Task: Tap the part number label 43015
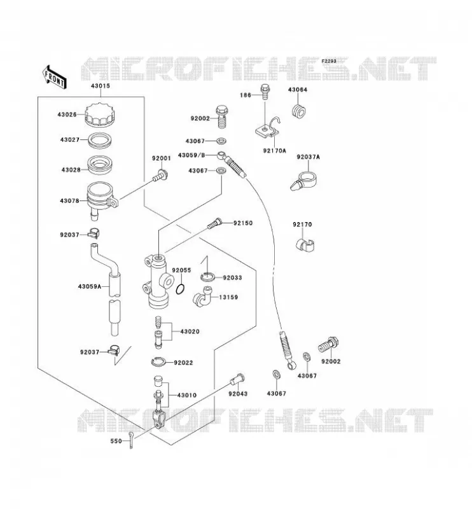(x=101, y=86)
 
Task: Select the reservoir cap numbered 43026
(x=101, y=115)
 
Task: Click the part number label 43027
(x=70, y=139)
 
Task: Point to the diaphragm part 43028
(x=101, y=165)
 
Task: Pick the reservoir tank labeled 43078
(x=102, y=199)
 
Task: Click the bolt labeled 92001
(x=160, y=176)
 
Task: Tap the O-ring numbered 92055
(x=181, y=289)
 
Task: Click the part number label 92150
(x=243, y=223)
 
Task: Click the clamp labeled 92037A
(x=304, y=181)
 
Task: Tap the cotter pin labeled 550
(x=130, y=440)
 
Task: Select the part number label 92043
(x=238, y=394)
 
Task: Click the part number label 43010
(x=186, y=395)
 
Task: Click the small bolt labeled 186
(x=265, y=92)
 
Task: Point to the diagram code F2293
(x=329, y=61)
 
